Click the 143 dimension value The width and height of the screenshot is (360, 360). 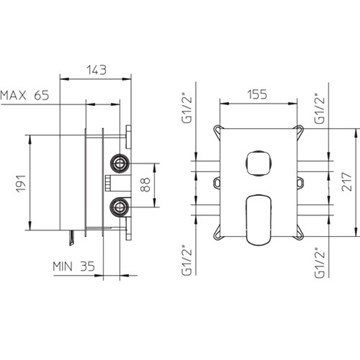(x=97, y=70)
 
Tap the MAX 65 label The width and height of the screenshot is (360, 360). (x=25, y=95)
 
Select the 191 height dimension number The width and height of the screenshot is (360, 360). (x=21, y=183)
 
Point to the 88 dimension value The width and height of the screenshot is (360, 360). (x=145, y=184)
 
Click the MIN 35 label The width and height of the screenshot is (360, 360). (x=74, y=266)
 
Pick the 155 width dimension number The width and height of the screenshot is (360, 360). (x=257, y=94)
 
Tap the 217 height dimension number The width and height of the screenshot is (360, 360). (x=347, y=181)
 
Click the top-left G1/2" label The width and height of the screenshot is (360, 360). (x=187, y=108)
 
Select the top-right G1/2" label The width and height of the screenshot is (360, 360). (x=320, y=108)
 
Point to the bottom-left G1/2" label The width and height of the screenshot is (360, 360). (x=187, y=261)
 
